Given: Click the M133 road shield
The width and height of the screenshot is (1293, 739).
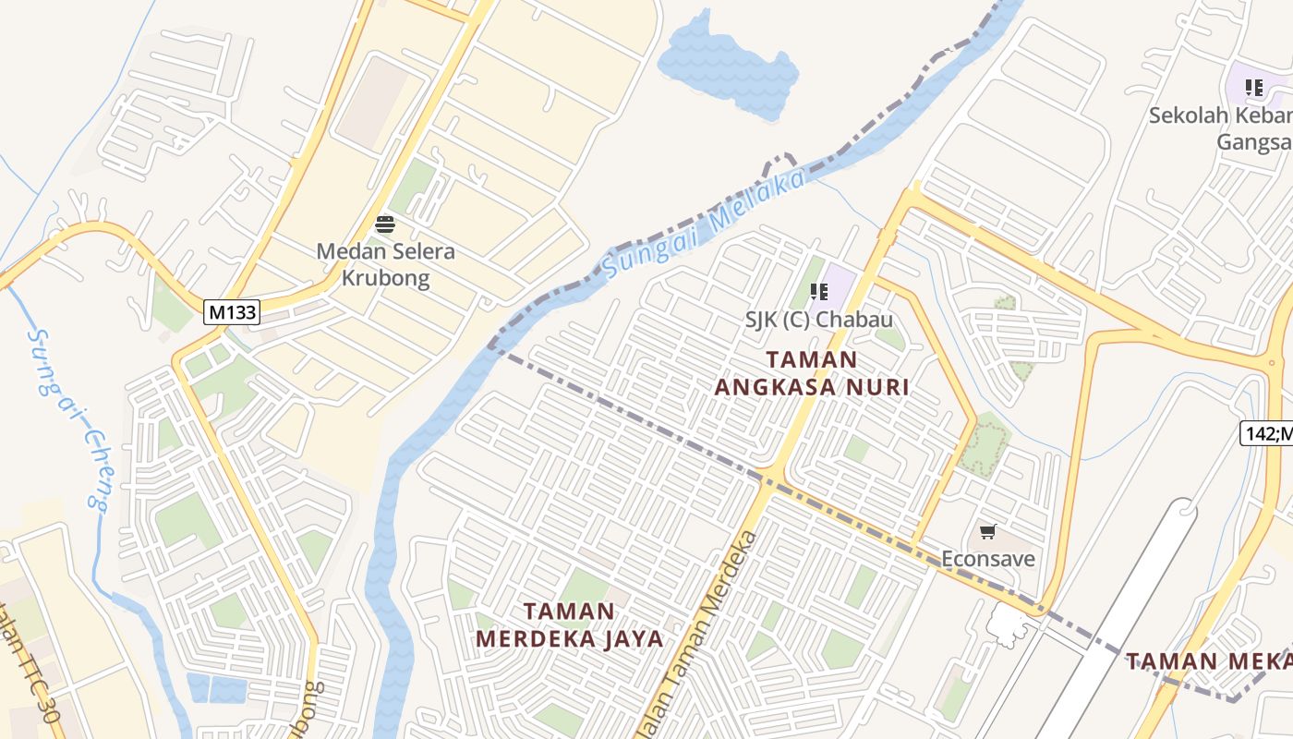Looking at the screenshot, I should click(232, 312).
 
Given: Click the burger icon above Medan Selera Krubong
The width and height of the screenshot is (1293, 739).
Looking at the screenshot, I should click(385, 224).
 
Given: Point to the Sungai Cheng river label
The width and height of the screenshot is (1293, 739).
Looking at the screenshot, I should click(68, 418).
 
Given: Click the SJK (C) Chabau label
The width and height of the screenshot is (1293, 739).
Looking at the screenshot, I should click(819, 320).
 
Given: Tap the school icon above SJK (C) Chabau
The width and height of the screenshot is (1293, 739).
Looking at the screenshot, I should click(819, 292).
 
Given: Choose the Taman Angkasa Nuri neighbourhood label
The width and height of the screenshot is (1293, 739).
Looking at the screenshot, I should click(812, 373).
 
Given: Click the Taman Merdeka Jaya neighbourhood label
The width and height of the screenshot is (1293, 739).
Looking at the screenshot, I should click(570, 624).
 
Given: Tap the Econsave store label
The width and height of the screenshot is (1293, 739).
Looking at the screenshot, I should click(987, 559).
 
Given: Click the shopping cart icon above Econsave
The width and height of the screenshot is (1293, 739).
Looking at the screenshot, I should click(988, 531).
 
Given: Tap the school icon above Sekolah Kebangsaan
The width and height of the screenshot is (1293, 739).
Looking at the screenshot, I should click(1253, 88).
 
